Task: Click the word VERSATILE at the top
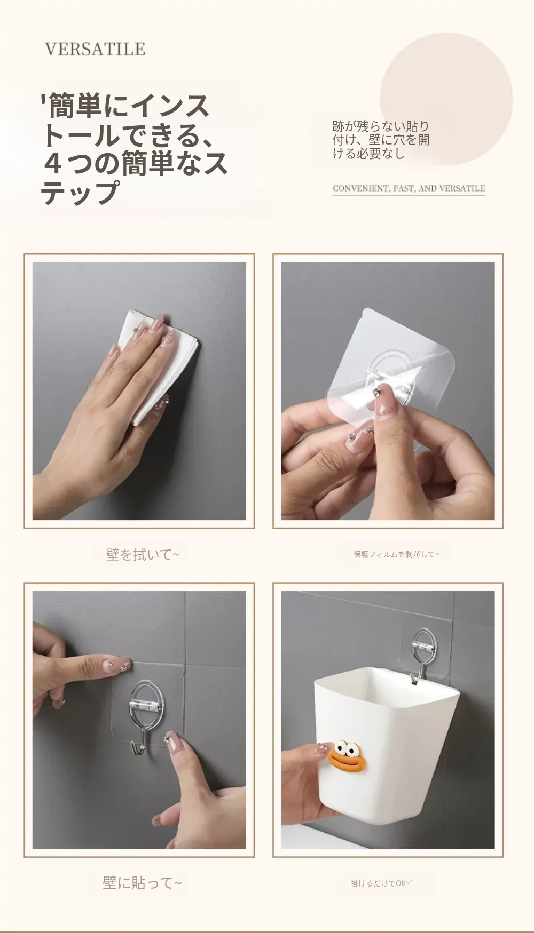pyautogui.click(x=95, y=49)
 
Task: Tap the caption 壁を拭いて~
pyautogui.click(x=143, y=555)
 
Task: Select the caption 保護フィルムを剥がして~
pyautogui.click(x=396, y=554)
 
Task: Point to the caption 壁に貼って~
pyautogui.click(x=142, y=883)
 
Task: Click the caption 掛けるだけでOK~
pyautogui.click(x=381, y=883)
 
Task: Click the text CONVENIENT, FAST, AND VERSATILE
pyautogui.click(x=409, y=188)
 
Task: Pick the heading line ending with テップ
pyautogui.click(x=80, y=193)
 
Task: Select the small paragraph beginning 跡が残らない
pyautogui.click(x=381, y=140)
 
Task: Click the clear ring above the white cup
pyautogui.click(x=425, y=648)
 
